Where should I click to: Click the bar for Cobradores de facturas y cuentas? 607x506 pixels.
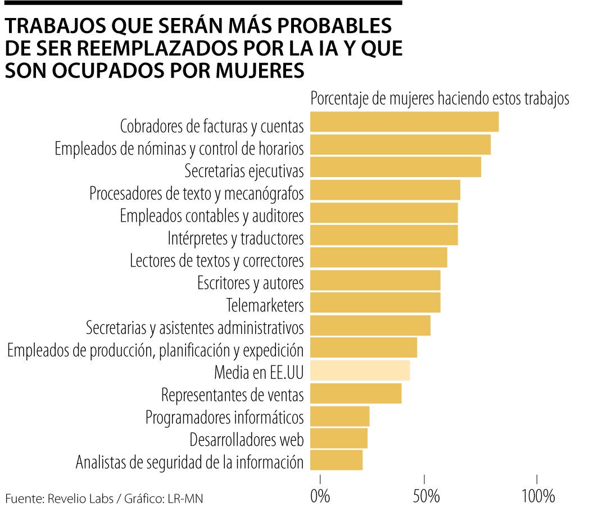click(404, 122)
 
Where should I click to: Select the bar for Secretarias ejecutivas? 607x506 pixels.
click(395, 168)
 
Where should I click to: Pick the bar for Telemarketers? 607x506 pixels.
click(375, 303)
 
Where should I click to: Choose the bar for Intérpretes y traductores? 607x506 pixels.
click(384, 235)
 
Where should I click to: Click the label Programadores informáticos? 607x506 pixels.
click(224, 418)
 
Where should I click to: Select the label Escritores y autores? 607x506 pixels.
click(250, 282)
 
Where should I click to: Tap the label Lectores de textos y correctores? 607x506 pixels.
click(216, 260)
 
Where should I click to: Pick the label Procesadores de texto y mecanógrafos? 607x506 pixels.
click(196, 193)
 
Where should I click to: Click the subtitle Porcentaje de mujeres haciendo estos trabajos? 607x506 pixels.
click(440, 98)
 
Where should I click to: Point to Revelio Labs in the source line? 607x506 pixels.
click(73, 498)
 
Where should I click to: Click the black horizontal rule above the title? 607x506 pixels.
click(202, 3)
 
